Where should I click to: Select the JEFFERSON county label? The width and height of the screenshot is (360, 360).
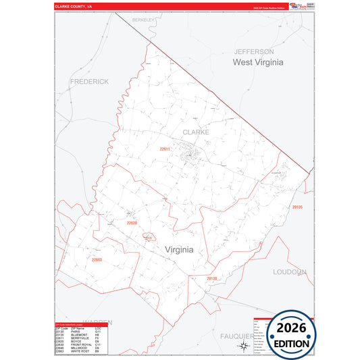pos(254,51)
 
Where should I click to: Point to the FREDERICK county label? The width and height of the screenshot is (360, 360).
pos(88,81)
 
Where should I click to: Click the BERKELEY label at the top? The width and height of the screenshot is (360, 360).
pos(143,20)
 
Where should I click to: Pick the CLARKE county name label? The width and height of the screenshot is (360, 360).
pos(195,132)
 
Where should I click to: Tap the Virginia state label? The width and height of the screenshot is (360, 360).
pos(179,249)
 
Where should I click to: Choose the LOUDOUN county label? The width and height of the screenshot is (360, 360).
pos(290,272)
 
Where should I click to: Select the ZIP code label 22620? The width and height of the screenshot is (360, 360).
pos(132,222)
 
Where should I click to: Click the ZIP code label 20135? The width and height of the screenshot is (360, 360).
pos(298,207)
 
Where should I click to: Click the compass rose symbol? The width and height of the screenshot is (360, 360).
pos(242,346)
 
